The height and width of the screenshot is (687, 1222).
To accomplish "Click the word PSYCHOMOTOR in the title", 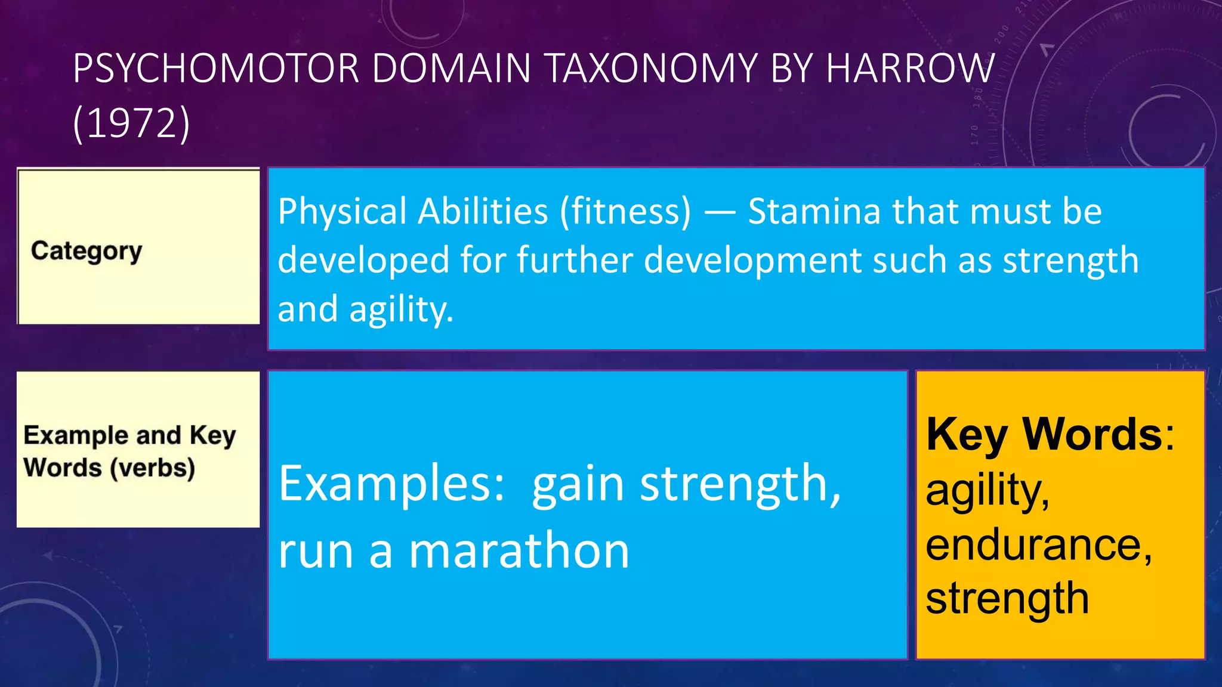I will (x=216, y=68).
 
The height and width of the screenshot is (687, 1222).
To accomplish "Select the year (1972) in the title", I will (x=131, y=123).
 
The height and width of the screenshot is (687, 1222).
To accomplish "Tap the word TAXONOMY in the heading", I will (x=651, y=68).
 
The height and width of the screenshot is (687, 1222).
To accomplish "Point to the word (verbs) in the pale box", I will (x=152, y=468).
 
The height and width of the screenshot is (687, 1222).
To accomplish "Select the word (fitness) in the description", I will (x=625, y=212).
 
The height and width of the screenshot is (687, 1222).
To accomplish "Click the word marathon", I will (x=519, y=551).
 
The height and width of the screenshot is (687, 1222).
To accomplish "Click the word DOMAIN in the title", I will (x=452, y=68).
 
